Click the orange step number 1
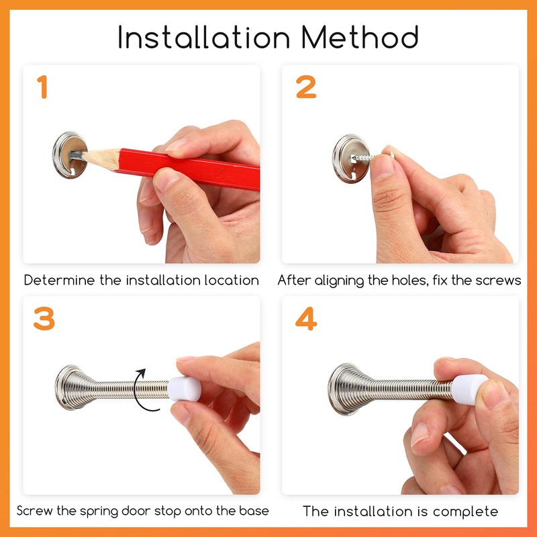click(42, 87)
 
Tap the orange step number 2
click(306, 87)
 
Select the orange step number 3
click(44, 318)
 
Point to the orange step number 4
click(306, 318)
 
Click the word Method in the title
click(360, 37)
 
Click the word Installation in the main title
click(204, 37)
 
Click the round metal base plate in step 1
click(70, 155)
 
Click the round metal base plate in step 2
click(350, 158)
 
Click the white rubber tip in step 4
click(469, 389)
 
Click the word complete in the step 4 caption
click(465, 512)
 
